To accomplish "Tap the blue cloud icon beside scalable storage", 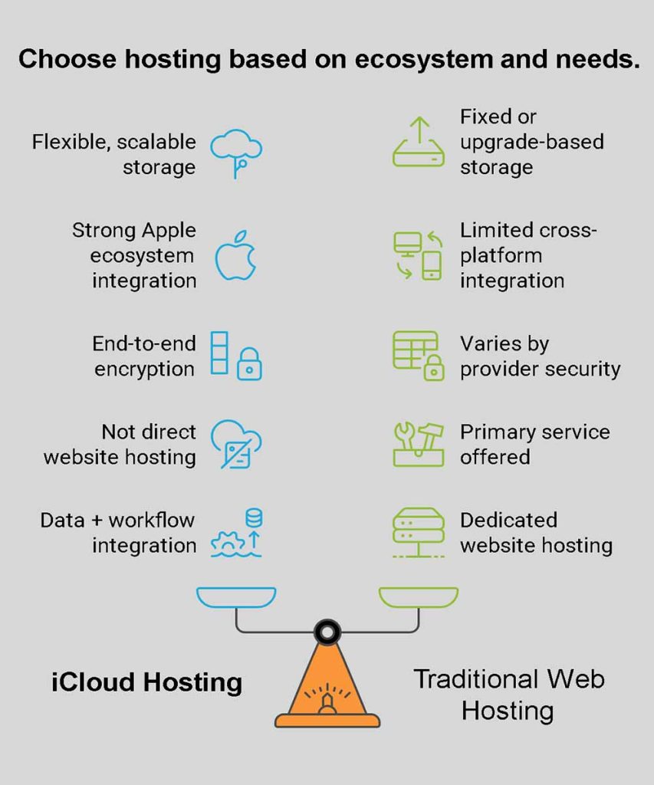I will [236, 149].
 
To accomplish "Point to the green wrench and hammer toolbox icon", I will [418, 444].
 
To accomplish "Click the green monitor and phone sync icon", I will [418, 255].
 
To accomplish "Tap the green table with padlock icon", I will [418, 355].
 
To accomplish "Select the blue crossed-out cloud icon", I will [236, 444].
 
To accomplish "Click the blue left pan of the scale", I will [235, 596].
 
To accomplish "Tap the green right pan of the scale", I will [419, 596].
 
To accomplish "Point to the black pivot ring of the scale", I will [327, 632].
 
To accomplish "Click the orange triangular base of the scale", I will [327, 686].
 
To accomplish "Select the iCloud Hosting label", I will [146, 682].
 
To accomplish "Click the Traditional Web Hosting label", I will [508, 695].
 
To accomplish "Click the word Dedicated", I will [508, 520].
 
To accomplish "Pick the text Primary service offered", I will [534, 444].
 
